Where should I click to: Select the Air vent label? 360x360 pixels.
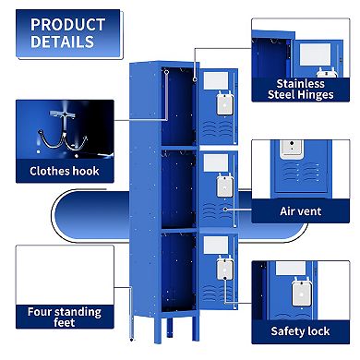coord(300,210)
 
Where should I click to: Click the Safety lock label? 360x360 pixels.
coord(300,330)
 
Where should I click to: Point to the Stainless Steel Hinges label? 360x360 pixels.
coord(296,88)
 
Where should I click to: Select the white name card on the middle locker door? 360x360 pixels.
coord(215,162)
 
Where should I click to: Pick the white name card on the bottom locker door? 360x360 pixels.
coord(215,244)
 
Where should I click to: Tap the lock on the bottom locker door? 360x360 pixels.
coord(222,266)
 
